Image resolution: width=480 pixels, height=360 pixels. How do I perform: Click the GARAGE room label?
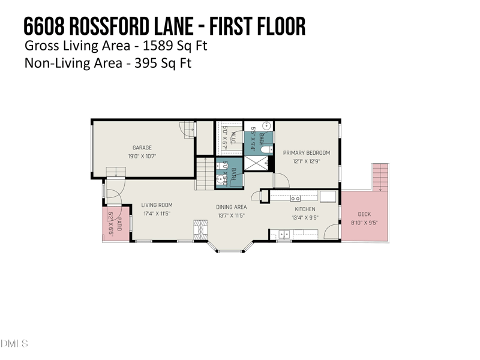[x=142, y=148]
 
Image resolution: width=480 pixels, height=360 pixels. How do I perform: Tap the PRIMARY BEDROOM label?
[x=307, y=153]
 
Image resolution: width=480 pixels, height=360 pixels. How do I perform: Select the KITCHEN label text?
[x=305, y=209]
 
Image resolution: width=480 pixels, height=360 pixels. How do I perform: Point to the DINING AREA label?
[x=231, y=207]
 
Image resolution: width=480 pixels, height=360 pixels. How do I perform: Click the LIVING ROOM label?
[x=157, y=205]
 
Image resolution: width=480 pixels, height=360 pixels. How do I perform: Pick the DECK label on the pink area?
[x=364, y=214]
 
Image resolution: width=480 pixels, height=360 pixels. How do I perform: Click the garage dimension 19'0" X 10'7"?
[x=142, y=156]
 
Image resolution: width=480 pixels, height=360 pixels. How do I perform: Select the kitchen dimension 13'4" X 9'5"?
[x=305, y=218]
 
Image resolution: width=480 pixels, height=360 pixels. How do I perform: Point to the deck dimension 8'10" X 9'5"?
[x=364, y=223]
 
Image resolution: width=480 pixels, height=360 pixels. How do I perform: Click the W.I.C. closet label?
[x=233, y=136]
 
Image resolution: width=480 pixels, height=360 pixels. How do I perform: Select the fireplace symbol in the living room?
[x=201, y=228]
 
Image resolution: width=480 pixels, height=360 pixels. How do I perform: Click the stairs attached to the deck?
[x=380, y=178]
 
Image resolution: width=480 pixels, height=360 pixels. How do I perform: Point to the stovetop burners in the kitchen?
[x=295, y=198]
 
